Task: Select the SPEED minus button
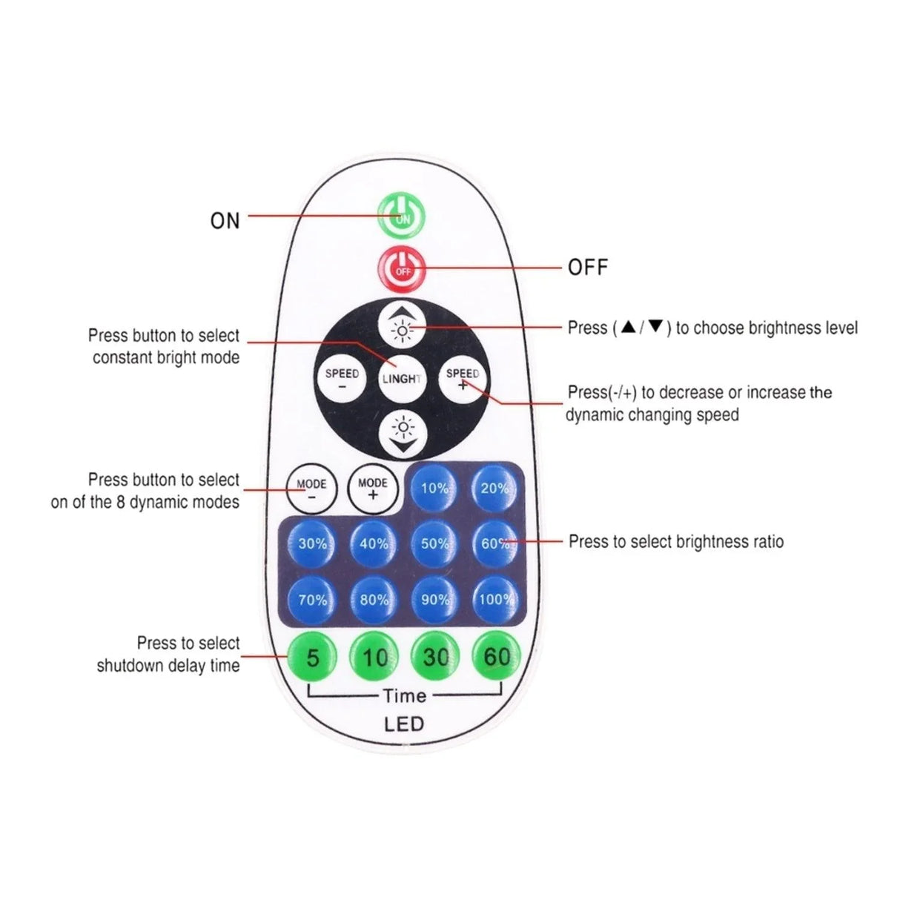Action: (x=342, y=379)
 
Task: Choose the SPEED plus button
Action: (x=463, y=379)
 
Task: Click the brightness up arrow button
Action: (x=403, y=325)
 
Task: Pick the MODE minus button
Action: (x=311, y=489)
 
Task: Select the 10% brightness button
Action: (x=434, y=489)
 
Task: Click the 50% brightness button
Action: (x=434, y=543)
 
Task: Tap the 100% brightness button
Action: (x=496, y=599)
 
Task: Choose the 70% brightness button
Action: (x=312, y=599)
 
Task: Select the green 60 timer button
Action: (x=496, y=656)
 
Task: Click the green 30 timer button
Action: (x=435, y=656)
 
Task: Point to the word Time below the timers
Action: (x=404, y=695)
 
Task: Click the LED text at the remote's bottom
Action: (x=404, y=724)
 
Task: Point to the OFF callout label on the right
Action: (x=587, y=267)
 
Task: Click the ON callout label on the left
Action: (x=225, y=220)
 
